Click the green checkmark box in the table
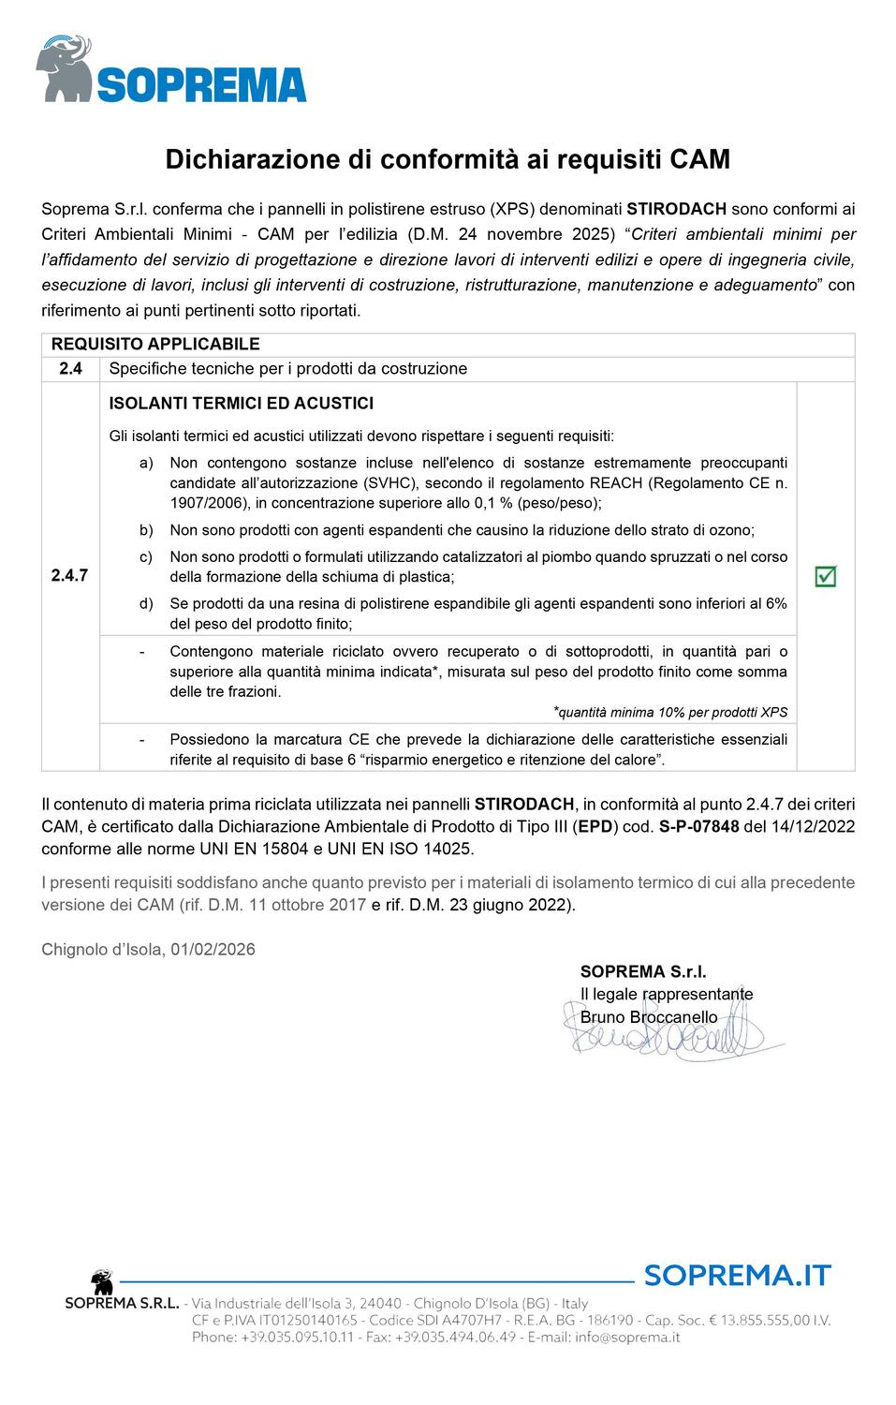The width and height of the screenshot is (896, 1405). click(825, 576)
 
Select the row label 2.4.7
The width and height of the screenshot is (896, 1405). click(69, 575)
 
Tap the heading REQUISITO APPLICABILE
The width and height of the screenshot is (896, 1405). click(155, 345)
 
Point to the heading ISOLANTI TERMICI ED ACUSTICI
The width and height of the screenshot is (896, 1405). click(242, 404)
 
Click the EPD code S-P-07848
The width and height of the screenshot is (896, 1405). click(699, 827)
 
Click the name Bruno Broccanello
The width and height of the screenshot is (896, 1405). click(649, 1017)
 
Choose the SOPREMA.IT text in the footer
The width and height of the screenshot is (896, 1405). click(737, 1275)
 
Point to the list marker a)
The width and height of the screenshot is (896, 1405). click(146, 463)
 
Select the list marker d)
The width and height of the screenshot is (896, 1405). click(146, 603)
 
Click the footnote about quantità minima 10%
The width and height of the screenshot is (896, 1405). click(670, 712)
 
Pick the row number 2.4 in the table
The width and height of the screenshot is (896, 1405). click(70, 369)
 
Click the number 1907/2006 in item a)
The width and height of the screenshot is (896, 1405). click(203, 503)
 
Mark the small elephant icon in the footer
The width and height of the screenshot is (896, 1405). click(101, 1282)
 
